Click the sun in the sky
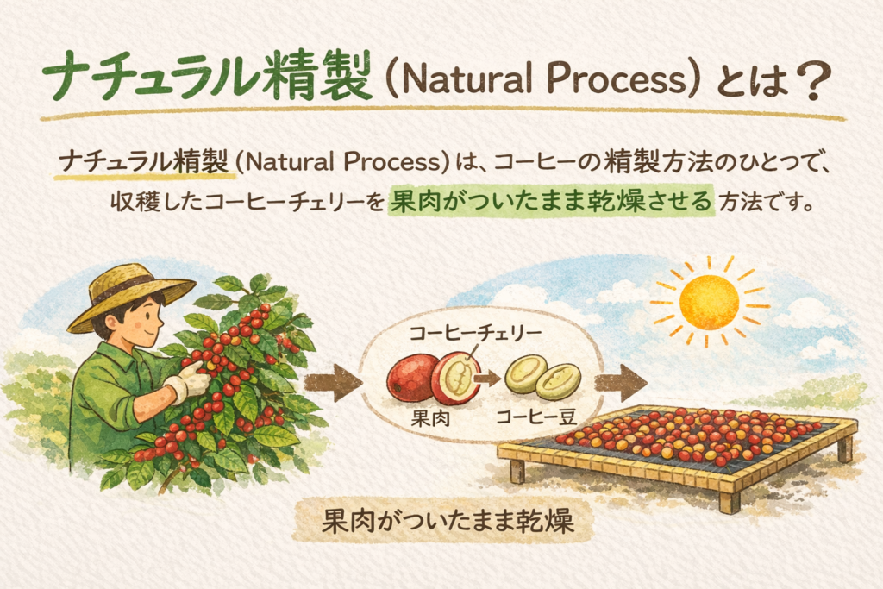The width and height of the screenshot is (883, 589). pyautogui.click(x=709, y=302)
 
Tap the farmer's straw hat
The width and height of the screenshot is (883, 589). pyautogui.click(x=129, y=293)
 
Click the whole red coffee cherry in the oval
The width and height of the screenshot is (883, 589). pyautogui.click(x=412, y=377)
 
